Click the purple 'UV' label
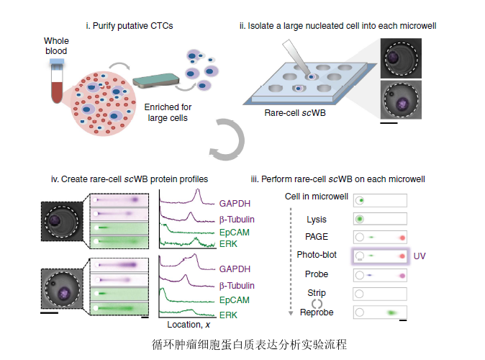pos(421,256)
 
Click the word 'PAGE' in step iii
pos(317,237)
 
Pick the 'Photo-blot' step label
pos(317,255)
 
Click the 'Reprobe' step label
pos(317,312)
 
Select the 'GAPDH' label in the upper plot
pos(235,204)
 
